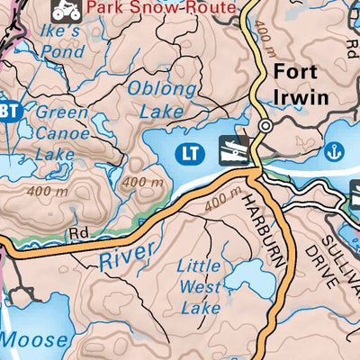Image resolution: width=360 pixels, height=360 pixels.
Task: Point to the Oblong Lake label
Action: click(160, 100)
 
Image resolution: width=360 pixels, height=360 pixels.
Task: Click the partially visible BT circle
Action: click(8, 111)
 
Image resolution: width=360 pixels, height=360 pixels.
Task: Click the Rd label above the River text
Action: click(77, 233)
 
